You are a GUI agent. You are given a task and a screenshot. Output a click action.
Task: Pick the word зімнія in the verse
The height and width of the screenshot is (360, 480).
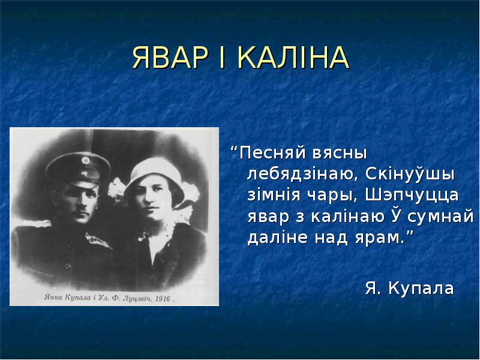click(274, 195)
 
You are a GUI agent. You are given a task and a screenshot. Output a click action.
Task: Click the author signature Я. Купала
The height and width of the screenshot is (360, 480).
click(409, 288)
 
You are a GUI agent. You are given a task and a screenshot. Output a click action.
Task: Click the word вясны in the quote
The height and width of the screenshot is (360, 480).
click(339, 154)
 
